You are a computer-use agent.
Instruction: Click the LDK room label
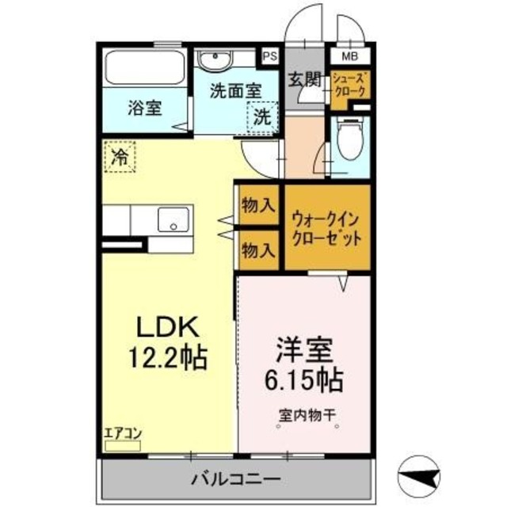click(168, 326)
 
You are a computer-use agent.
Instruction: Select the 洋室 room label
click(304, 349)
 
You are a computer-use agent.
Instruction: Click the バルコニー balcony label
click(234, 479)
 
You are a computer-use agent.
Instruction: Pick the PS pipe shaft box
click(270, 56)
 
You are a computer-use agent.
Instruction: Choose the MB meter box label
click(349, 56)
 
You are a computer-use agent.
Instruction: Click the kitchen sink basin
click(173, 219)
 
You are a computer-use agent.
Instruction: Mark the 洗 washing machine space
click(261, 117)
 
